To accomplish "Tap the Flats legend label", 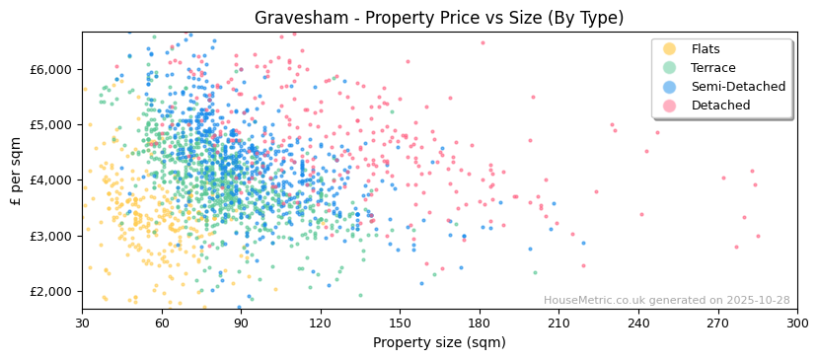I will tap(706, 49).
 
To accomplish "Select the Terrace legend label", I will tap(712, 68).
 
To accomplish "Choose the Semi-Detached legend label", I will tap(738, 87).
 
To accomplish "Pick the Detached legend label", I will tap(720, 106).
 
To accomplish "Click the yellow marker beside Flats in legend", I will tap(669, 49).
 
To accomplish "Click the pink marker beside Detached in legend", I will tap(669, 106).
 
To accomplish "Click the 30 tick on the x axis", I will tap(82, 323).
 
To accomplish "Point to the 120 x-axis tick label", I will tap(321, 323).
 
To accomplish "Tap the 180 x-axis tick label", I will tap(480, 323).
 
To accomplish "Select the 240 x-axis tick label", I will tap(638, 323).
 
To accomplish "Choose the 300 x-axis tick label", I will tap(796, 323).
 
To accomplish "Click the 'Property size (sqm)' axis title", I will tap(439, 342).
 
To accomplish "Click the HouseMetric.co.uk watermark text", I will tap(666, 301).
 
